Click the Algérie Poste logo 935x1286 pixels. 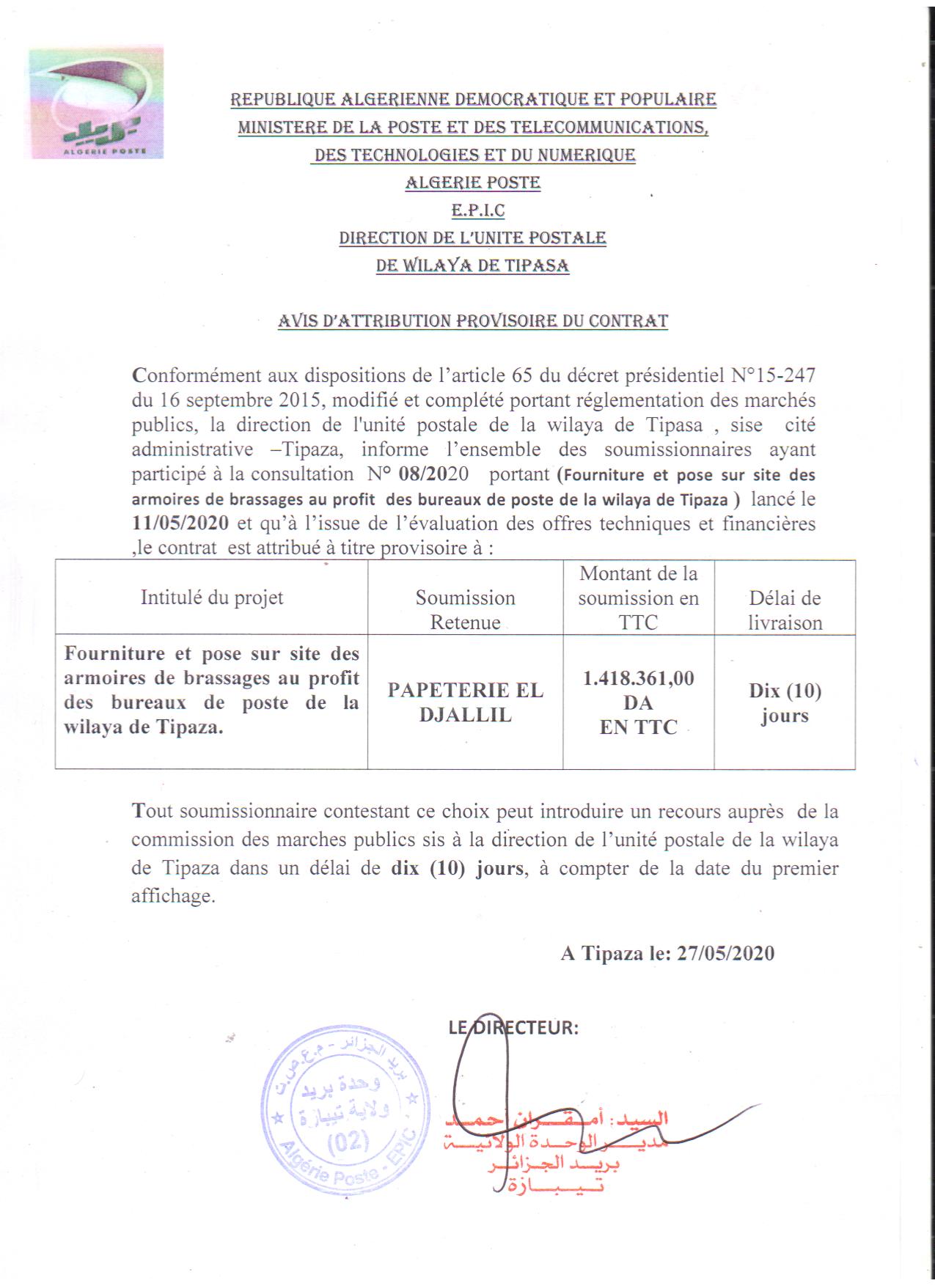[x=96, y=103]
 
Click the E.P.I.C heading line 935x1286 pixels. [x=472, y=210]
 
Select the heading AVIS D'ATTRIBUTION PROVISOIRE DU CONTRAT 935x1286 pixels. [x=473, y=321]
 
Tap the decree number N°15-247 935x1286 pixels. [x=774, y=375]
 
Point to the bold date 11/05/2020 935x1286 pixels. [x=180, y=523]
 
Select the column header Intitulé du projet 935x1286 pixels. [x=211, y=598]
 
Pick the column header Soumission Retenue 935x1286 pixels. [x=465, y=609]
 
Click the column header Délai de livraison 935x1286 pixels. [x=785, y=610]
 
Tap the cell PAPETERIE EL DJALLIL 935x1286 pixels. [x=465, y=702]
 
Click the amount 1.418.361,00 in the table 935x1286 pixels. [x=638, y=678]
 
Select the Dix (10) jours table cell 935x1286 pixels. [x=785, y=702]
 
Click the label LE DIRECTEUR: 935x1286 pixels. [x=513, y=1027]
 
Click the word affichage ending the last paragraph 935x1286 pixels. [x=173, y=896]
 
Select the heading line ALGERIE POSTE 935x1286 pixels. [x=473, y=183]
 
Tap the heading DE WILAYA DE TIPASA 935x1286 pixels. [x=472, y=265]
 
